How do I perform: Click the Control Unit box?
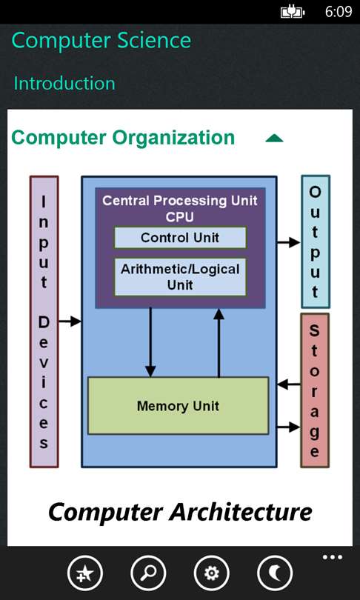tap(180, 238)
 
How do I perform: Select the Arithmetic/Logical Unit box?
tap(180, 277)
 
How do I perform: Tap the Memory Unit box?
tap(179, 406)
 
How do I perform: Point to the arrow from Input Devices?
tap(70, 321)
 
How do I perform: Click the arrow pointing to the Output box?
tap(288, 242)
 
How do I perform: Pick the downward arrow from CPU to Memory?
tap(150, 342)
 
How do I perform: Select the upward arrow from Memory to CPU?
tap(219, 342)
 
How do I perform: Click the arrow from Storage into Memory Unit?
tap(289, 384)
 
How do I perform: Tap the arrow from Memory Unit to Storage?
tap(288, 427)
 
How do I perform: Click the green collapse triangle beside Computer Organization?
tap(274, 139)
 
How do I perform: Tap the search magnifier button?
tap(148, 573)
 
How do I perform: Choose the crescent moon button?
tap(276, 573)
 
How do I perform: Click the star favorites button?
tap(85, 573)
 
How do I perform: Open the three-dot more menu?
tap(332, 557)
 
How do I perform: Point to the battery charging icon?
tap(293, 13)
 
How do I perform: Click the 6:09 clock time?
tap(339, 12)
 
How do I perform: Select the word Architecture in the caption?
tap(241, 512)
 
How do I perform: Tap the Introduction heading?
tap(64, 83)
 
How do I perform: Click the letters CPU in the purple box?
tap(180, 217)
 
